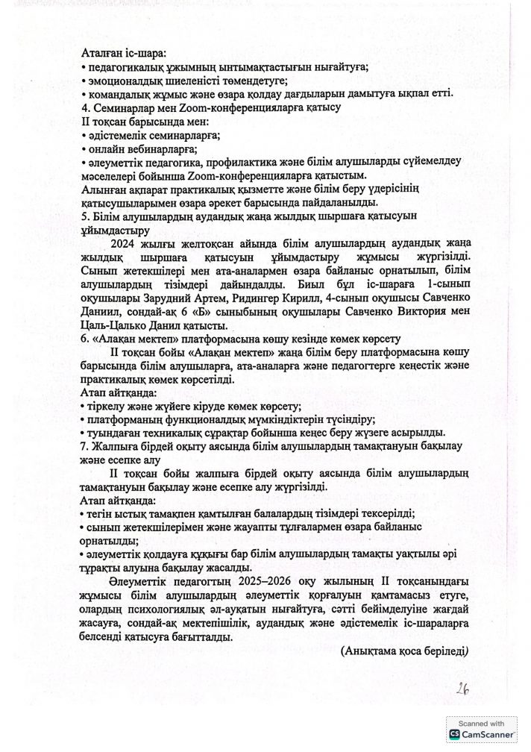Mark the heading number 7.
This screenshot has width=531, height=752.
[x=84, y=446]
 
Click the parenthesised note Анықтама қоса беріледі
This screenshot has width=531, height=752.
[x=404, y=650]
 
